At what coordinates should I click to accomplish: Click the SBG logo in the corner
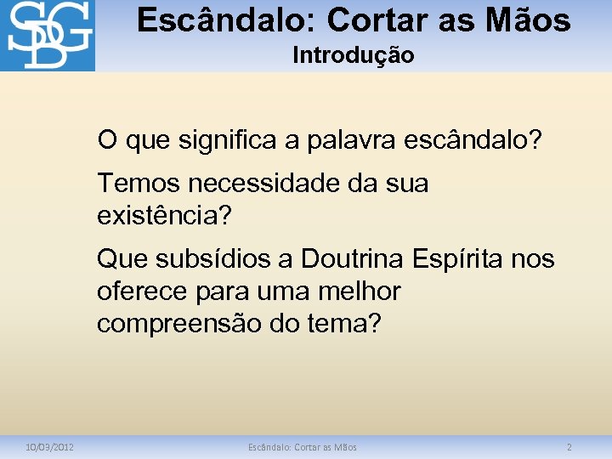click(48, 36)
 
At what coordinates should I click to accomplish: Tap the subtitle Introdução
click(353, 56)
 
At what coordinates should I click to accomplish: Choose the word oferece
click(139, 291)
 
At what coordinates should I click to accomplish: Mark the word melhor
click(356, 291)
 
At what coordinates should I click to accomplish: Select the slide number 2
click(569, 447)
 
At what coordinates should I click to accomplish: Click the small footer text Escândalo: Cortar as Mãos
click(303, 447)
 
